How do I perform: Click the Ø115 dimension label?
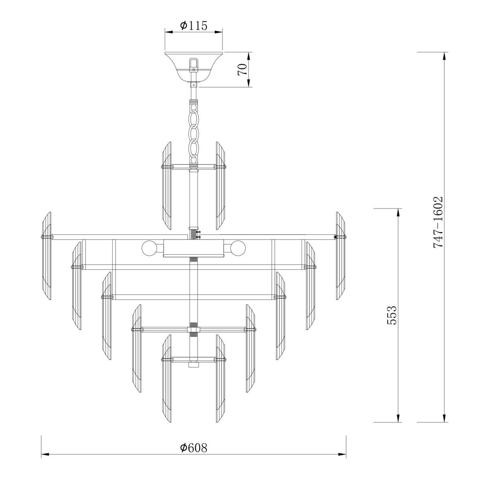(x=193, y=26)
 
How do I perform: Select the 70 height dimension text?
(x=241, y=70)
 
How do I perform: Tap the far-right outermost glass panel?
(x=340, y=256)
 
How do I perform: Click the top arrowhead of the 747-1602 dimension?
(x=444, y=56)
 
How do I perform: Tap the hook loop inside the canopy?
(x=194, y=64)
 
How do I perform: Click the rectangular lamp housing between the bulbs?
(x=194, y=248)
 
